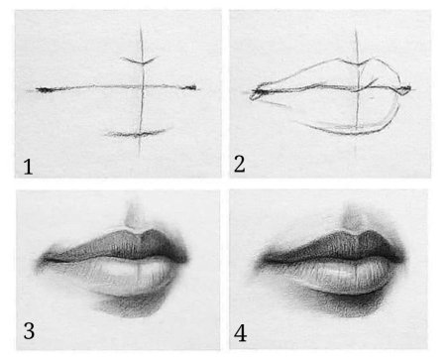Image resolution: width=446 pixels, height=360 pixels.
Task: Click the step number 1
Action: pos(28,167)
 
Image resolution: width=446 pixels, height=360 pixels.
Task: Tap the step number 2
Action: pos(240,165)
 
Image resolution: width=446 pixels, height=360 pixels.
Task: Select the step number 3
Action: pos(29,331)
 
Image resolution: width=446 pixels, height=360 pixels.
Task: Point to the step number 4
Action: pos(240,333)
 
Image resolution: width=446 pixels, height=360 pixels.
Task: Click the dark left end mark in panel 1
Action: pos(44,89)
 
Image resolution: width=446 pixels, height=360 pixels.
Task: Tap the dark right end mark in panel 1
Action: pos(189,87)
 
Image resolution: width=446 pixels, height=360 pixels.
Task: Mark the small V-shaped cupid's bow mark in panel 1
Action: pos(139,60)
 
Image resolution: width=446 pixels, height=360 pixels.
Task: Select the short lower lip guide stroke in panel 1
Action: pos(137,134)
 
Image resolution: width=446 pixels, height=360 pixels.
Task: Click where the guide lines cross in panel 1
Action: pos(143,87)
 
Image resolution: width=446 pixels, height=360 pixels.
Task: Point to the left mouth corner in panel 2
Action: pos(254,93)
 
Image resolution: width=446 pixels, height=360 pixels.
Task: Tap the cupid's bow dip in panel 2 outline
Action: pos(357,63)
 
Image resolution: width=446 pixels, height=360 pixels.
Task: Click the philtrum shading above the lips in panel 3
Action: pos(134,214)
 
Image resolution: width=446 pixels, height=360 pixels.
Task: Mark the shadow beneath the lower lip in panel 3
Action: pos(131,305)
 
